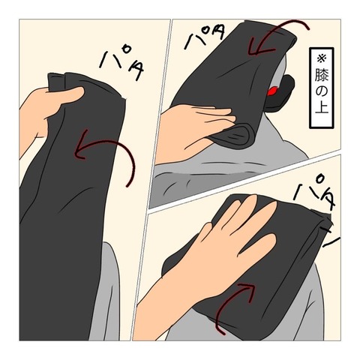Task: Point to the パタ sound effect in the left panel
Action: point(121,64)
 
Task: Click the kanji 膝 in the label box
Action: point(322,74)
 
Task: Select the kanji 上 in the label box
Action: point(322,106)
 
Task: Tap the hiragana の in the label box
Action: point(322,91)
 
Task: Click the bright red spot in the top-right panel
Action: point(272,91)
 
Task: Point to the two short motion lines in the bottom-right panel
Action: point(328,238)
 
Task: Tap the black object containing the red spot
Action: point(279,94)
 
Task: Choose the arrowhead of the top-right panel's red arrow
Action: point(257,49)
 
